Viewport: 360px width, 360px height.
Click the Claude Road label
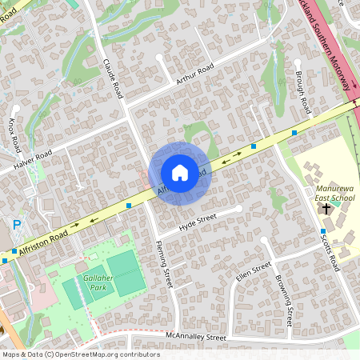click(x=112, y=77)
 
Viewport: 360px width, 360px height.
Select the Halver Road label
click(x=33, y=159)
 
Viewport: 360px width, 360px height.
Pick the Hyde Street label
click(x=198, y=222)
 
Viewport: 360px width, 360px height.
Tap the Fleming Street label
click(x=163, y=264)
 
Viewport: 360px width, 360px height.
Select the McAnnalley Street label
click(x=196, y=338)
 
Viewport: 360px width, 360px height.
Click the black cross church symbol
click(x=326, y=209)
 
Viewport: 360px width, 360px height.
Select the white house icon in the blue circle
click(x=180, y=173)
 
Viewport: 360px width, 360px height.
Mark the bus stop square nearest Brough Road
click(x=295, y=132)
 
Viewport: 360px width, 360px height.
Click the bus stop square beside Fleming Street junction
click(x=130, y=206)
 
